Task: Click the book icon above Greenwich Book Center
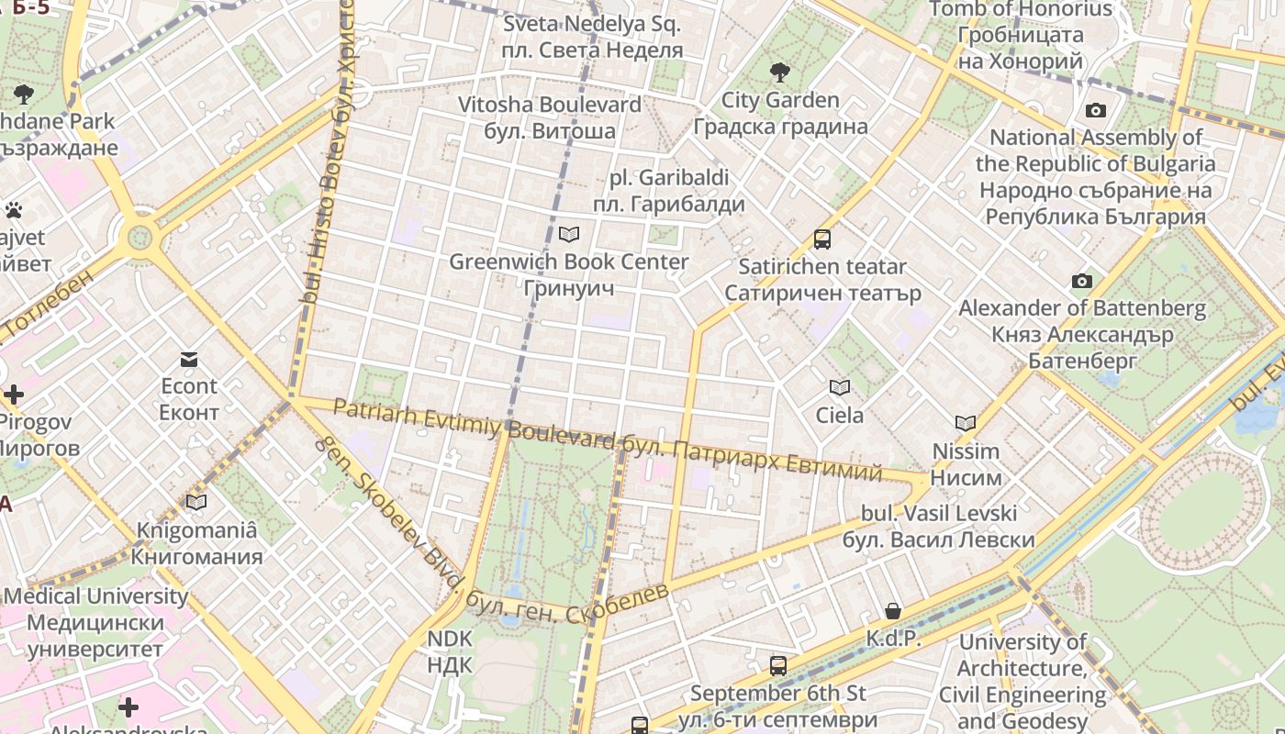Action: tap(569, 235)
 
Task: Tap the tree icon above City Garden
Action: tap(780, 72)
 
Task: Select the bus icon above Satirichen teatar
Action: tap(822, 239)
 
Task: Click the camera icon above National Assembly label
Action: tap(1095, 111)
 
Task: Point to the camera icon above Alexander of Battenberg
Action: tap(1082, 281)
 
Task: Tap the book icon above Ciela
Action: tap(840, 387)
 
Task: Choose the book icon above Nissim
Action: tap(965, 423)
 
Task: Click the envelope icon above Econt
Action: tap(189, 359)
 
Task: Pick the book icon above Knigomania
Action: tap(196, 502)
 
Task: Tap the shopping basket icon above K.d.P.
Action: tap(893, 611)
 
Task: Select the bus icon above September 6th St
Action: tap(778, 665)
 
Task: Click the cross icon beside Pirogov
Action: tap(14, 395)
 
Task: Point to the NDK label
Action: tap(450, 651)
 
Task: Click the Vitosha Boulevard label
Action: tap(550, 117)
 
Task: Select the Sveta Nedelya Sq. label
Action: tap(592, 37)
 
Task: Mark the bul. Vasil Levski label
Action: tap(938, 526)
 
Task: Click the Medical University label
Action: tap(95, 622)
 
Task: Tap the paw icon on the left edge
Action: tap(13, 210)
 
